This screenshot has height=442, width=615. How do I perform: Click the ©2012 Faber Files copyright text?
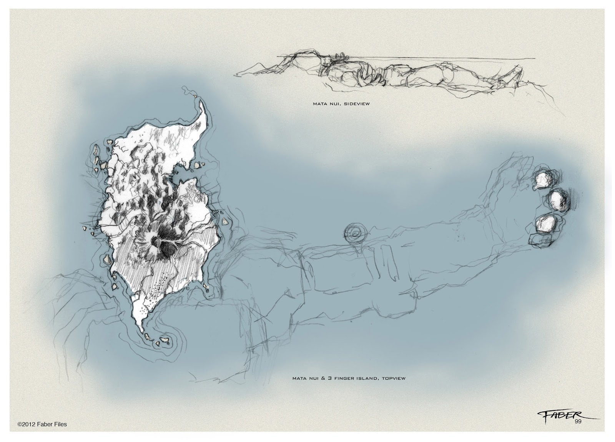click(x=42, y=424)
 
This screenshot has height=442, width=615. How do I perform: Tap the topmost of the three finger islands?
click(x=543, y=179)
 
